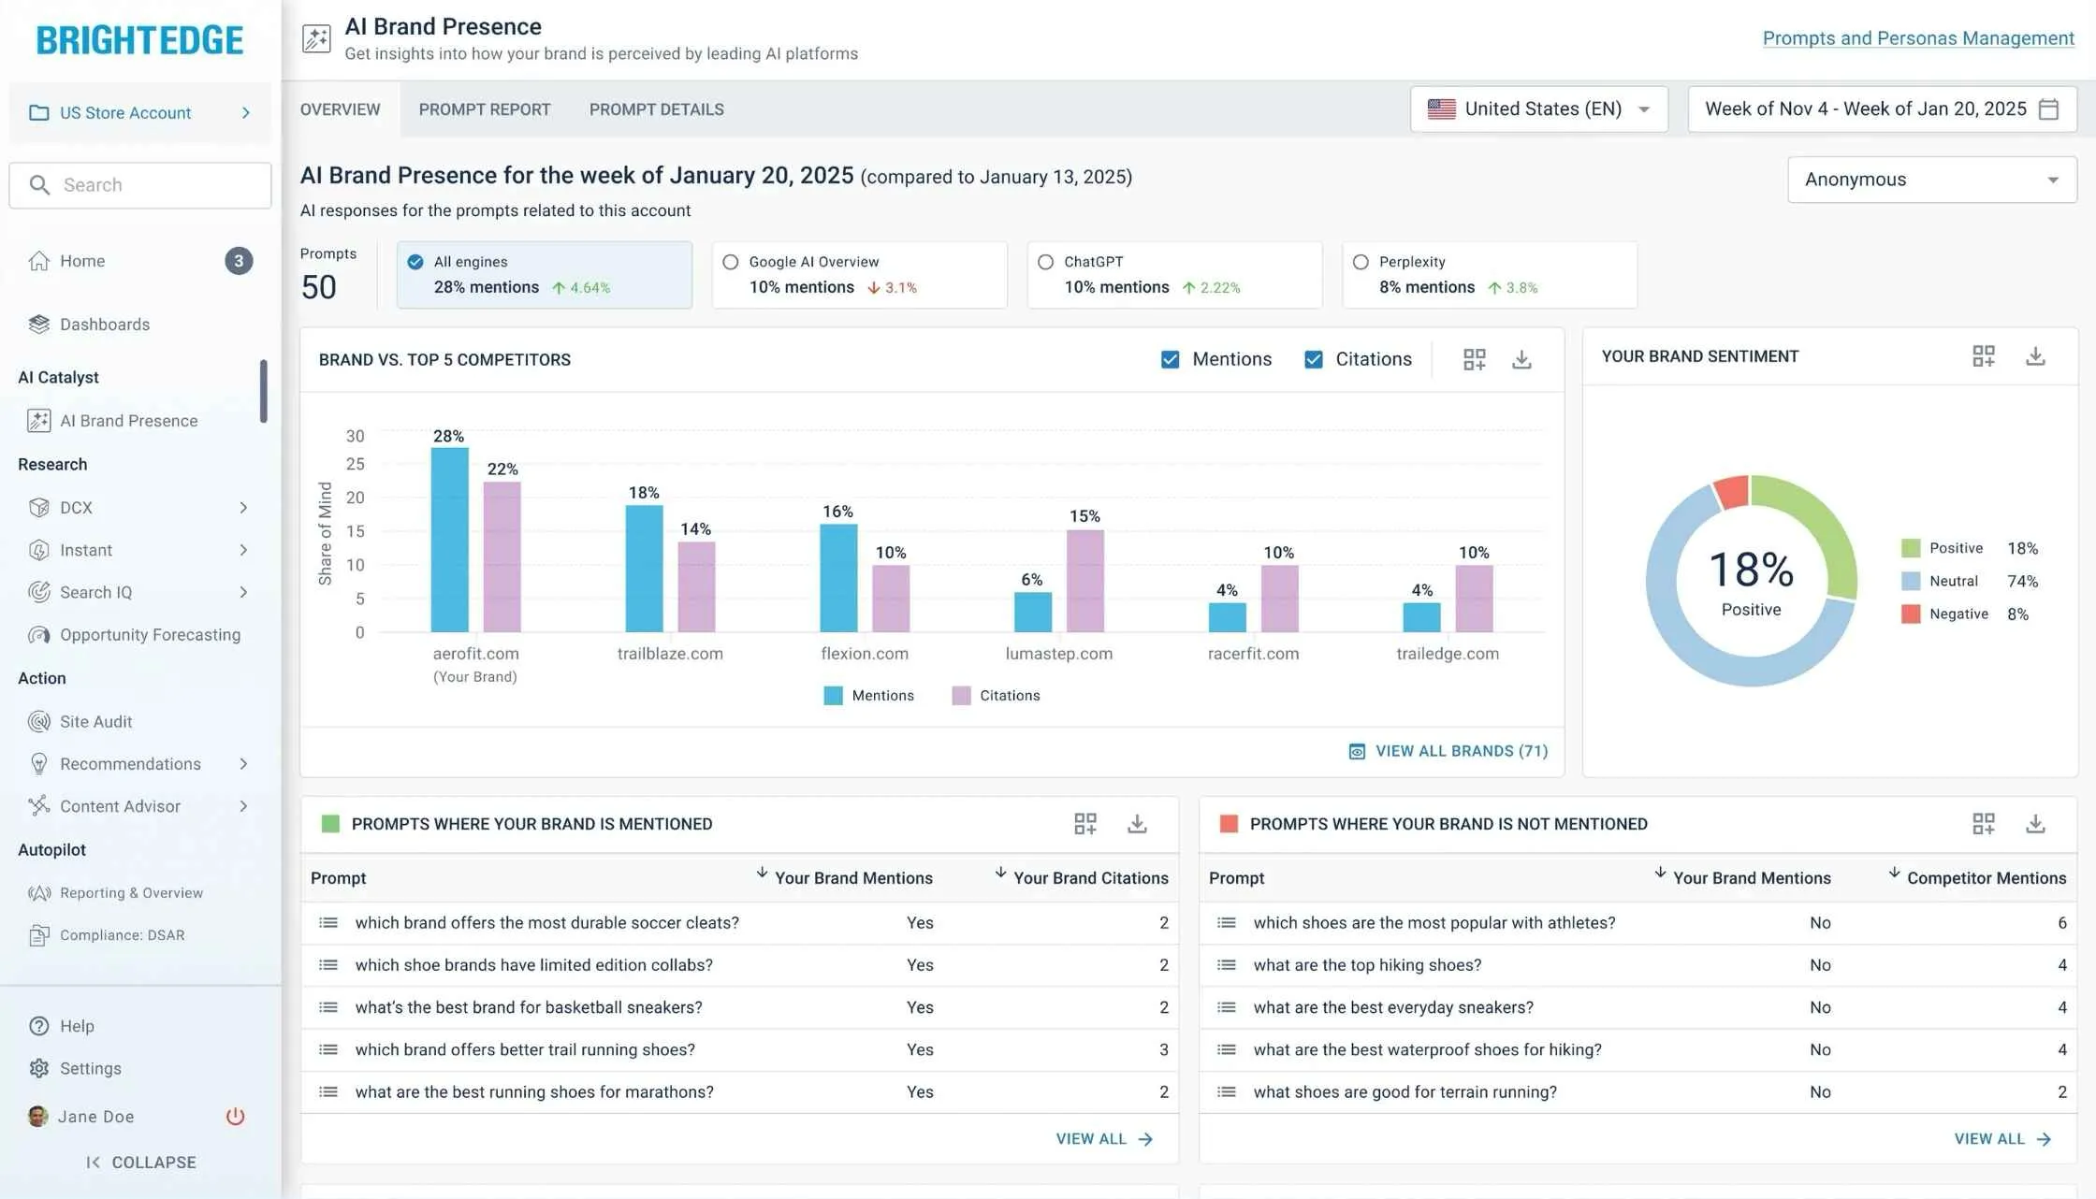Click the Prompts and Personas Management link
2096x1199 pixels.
[1918, 38]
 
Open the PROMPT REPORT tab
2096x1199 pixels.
[485, 109]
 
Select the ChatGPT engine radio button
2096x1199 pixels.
[1046, 262]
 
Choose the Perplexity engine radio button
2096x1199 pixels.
[1361, 262]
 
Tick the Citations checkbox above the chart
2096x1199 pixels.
[1314, 359]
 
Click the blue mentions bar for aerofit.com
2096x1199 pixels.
[449, 540]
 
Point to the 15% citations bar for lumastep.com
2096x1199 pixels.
[1085, 581]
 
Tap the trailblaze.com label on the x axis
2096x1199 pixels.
[670, 654]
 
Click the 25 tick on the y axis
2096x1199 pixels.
[356, 464]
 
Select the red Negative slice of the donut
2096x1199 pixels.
[1732, 491]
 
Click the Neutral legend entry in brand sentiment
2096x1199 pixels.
[1954, 581]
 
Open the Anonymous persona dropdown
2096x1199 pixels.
[1932, 180]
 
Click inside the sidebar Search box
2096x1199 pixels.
[140, 185]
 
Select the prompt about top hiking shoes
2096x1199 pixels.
[1367, 965]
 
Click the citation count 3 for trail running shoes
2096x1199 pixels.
[1164, 1049]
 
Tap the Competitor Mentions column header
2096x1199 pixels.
[1986, 878]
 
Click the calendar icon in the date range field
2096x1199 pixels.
[2048, 109]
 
